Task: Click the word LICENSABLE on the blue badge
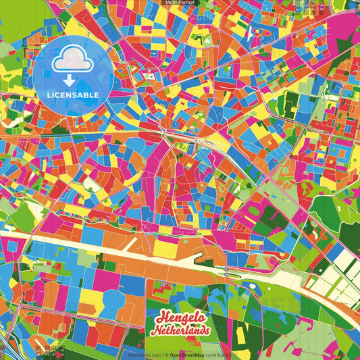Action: tap(73, 95)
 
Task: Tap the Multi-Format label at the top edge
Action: tap(180, 3)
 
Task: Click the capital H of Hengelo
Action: tap(161, 317)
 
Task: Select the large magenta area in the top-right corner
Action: tap(341, 27)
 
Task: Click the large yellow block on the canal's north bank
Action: tap(165, 249)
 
